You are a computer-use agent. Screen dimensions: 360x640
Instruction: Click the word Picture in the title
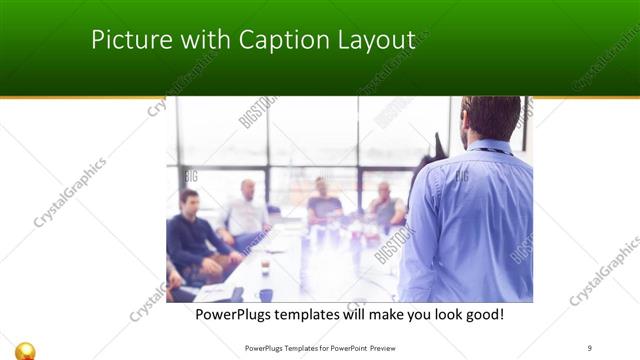[x=124, y=40]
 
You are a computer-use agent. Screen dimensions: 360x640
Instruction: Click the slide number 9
[x=590, y=348]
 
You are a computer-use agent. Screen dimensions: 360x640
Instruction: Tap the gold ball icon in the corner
[x=27, y=349]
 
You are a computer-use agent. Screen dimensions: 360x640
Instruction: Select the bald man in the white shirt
[x=246, y=210]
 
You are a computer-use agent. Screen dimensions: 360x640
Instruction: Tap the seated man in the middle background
[x=323, y=200]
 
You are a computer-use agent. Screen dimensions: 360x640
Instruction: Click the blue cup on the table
[x=265, y=294]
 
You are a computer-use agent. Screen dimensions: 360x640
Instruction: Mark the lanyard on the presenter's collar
[x=490, y=151]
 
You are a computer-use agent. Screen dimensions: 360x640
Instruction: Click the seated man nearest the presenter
[x=385, y=205]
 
